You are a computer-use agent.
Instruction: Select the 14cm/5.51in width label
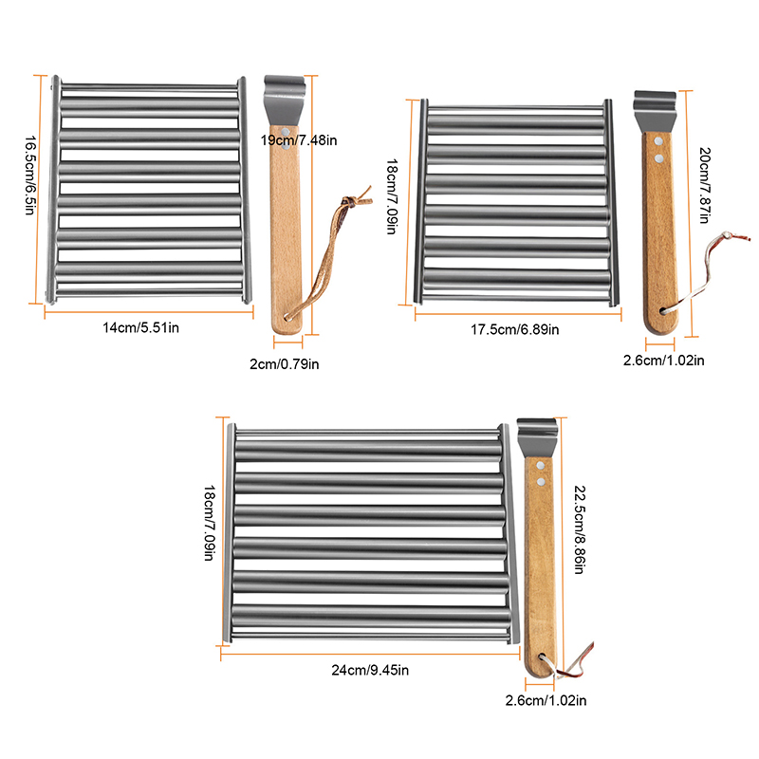coord(142,327)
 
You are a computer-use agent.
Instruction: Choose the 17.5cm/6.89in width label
coord(516,329)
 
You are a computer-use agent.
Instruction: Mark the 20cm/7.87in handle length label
coord(704,189)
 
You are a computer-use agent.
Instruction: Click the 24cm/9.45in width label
coord(370,671)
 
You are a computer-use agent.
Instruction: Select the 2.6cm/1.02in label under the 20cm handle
coord(663,360)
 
